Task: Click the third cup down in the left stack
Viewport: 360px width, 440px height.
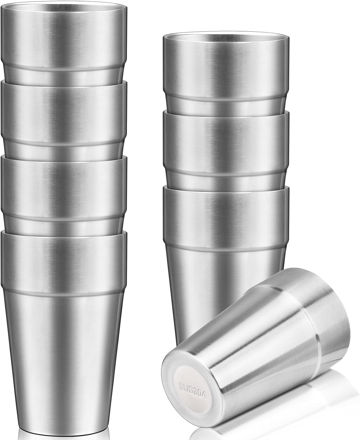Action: click(64, 188)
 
